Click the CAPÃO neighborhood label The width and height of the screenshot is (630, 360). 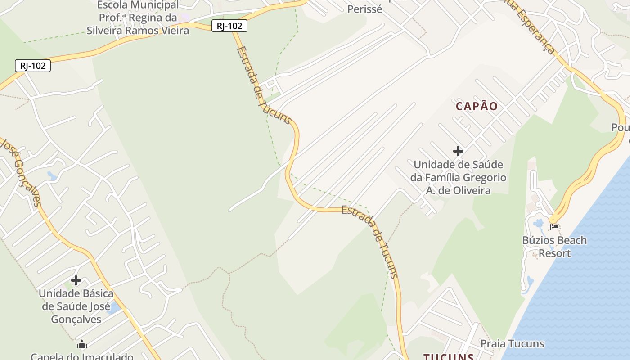(x=477, y=106)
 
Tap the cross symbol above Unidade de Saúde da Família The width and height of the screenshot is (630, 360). (x=458, y=151)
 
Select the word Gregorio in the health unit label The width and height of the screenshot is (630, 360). (x=484, y=178)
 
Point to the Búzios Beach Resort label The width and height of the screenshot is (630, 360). (x=554, y=246)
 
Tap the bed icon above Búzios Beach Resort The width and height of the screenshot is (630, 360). (x=554, y=227)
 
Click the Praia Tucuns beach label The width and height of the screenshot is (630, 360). (x=512, y=344)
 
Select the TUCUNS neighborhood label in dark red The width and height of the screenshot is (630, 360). (x=448, y=357)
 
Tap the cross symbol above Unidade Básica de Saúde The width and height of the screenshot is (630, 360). (x=76, y=281)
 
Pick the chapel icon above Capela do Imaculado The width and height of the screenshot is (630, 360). (x=82, y=345)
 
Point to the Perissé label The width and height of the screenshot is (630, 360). (x=364, y=9)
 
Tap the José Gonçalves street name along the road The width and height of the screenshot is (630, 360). (x=22, y=173)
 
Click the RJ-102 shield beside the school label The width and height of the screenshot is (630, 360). (x=229, y=26)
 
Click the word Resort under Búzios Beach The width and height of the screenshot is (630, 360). (x=554, y=253)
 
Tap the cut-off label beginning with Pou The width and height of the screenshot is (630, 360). (x=620, y=128)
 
